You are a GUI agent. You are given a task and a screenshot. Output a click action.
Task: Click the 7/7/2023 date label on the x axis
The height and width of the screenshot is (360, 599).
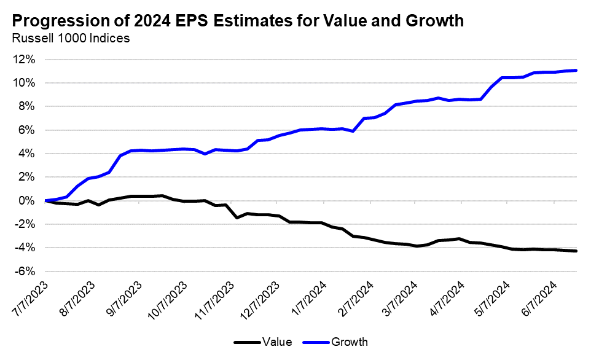click(x=30, y=298)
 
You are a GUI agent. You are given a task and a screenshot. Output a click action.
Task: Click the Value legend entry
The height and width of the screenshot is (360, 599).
click(x=276, y=342)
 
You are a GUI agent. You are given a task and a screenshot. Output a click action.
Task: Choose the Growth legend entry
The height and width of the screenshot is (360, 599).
click(x=350, y=342)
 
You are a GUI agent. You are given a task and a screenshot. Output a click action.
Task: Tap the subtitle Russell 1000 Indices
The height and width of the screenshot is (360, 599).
click(x=71, y=39)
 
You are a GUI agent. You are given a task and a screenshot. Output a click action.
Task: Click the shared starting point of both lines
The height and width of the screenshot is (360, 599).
click(x=46, y=200)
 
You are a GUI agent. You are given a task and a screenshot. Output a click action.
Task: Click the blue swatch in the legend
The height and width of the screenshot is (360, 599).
click(x=316, y=342)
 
